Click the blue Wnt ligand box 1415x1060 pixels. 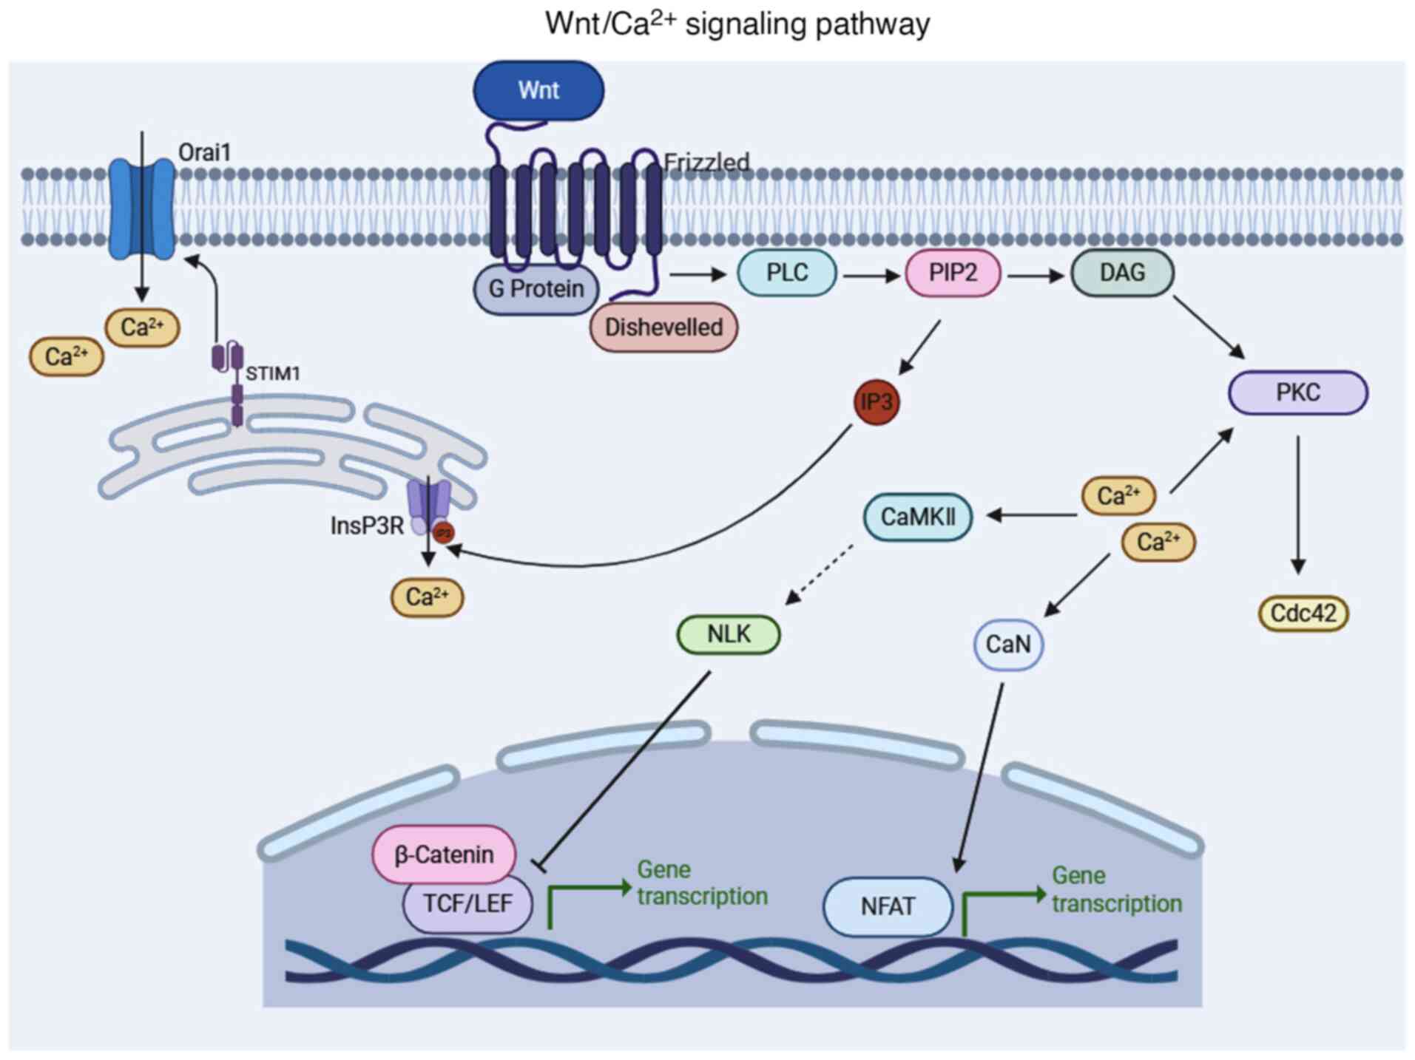538,90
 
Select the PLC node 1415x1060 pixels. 787,273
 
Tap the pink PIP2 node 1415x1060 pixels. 953,273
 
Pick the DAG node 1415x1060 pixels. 1121,273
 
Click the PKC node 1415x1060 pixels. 1297,393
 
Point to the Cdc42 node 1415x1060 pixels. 1303,614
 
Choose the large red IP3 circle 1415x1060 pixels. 877,402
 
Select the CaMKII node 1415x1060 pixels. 917,517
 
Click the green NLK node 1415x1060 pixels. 729,634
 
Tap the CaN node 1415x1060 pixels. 1007,645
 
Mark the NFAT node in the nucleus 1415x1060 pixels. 888,906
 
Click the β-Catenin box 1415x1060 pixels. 444,855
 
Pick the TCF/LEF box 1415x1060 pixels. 467,903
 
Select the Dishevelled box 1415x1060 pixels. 663,327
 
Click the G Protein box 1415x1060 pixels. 536,289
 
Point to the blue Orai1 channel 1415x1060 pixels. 142,208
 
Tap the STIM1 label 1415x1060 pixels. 273,373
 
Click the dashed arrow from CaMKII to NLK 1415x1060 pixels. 819,574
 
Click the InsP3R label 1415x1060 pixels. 367,526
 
